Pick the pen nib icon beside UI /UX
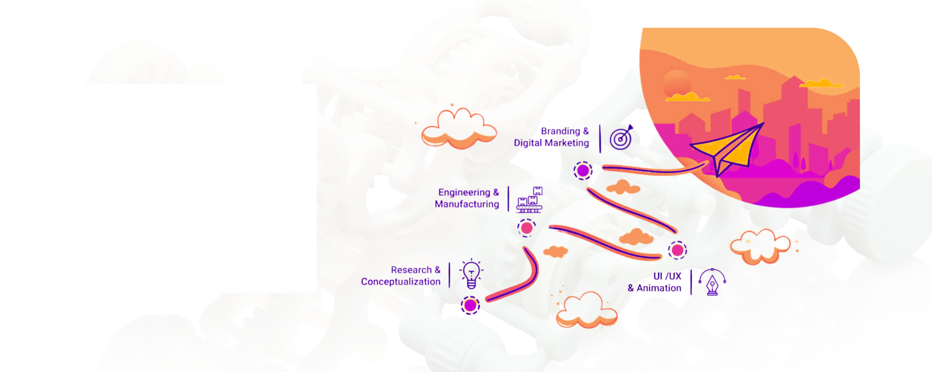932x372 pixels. pos(712,282)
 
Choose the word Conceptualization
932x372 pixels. pos(401,282)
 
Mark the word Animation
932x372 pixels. pos(659,288)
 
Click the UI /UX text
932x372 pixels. pos(667,276)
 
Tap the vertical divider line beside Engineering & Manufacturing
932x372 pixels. pos(508,199)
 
